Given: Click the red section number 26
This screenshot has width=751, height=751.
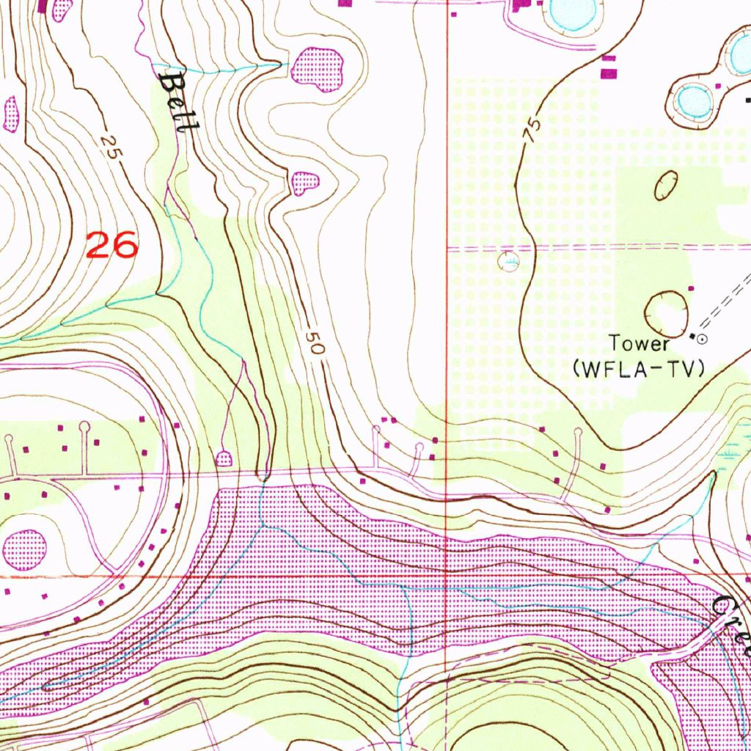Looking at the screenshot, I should [x=111, y=245].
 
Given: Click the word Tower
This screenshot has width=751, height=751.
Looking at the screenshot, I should [x=640, y=343].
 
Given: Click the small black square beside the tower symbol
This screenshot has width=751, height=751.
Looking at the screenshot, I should [x=692, y=335].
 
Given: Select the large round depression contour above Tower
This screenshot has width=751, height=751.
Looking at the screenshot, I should [x=666, y=309].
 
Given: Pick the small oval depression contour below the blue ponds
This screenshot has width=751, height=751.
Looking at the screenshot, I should [x=666, y=185].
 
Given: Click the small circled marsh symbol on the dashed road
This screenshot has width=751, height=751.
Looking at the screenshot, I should [x=508, y=260].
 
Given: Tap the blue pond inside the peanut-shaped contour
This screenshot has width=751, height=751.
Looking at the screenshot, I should [x=694, y=101].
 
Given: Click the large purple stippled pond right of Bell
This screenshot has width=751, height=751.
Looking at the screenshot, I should [x=318, y=70].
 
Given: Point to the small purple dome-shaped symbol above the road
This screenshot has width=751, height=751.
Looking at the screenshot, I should [x=224, y=459].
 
